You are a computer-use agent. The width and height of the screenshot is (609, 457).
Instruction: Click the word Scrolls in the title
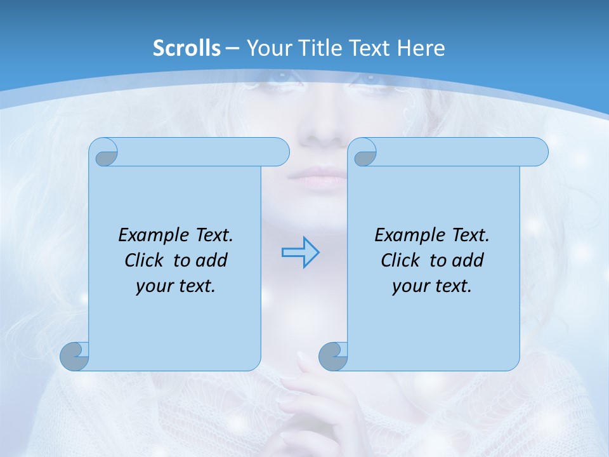point(187,48)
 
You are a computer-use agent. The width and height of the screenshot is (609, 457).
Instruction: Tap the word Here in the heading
point(421,48)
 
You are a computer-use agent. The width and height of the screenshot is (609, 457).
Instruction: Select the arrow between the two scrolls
point(300,252)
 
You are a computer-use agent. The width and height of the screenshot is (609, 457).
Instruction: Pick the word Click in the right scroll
point(400,260)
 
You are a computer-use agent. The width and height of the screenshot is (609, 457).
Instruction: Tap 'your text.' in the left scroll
point(176,286)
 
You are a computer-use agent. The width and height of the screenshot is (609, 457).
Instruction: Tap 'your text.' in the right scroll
point(432,286)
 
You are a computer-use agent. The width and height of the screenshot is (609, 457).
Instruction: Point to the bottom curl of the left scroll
point(74,357)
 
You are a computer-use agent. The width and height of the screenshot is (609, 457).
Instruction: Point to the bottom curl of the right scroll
point(333,357)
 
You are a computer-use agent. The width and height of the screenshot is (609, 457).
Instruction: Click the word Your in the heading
point(268,48)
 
